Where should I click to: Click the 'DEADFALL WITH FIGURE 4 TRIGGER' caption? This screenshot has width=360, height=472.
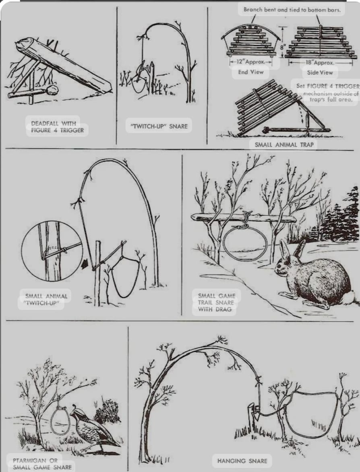(57, 127)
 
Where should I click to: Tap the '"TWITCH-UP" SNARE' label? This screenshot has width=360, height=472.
(159, 126)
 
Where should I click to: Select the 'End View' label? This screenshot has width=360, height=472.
(250, 72)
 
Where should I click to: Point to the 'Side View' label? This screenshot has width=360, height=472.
(320, 73)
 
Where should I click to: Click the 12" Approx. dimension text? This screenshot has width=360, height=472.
(251, 62)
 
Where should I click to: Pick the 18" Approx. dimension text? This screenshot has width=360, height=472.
(320, 62)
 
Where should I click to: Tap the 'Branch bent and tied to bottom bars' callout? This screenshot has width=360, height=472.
(292, 10)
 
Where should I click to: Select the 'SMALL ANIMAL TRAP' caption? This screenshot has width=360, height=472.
(284, 145)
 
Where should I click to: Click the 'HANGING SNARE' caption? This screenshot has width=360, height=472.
(242, 461)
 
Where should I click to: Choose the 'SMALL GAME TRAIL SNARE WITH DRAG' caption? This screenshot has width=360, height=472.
(216, 302)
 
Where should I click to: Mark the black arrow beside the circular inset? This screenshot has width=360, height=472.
(85, 264)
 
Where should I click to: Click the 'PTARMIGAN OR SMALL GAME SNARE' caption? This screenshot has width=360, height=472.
(42, 464)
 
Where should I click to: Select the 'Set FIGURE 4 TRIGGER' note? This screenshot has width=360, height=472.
(328, 86)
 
